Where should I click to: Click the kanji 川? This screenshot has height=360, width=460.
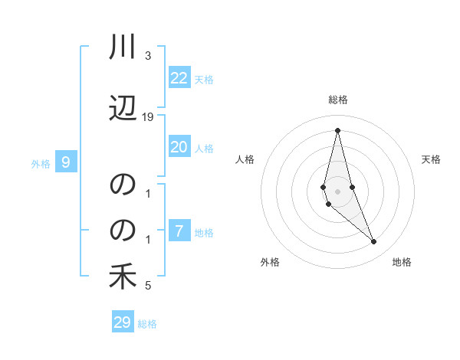point(123,47)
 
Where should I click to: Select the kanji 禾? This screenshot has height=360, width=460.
point(123,277)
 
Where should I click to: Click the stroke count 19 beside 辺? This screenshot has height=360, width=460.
point(148,117)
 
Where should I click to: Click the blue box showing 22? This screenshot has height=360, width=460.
point(179,78)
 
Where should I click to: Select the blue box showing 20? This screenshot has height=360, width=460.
point(179,147)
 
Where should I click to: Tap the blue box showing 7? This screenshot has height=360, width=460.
point(179,231)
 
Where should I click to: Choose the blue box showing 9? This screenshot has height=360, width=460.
point(66,162)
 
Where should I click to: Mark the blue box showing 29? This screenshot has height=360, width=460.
point(123,322)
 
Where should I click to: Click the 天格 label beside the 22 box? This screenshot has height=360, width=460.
point(204,79)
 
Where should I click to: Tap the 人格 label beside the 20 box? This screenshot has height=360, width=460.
point(204,148)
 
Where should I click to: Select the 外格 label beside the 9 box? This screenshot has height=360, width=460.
point(41,163)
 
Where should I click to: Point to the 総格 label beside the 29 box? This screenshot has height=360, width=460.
point(147,323)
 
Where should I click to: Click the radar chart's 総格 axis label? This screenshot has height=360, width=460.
point(337,100)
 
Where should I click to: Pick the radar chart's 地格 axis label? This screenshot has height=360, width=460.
point(402,262)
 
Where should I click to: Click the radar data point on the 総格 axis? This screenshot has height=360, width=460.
point(337,130)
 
